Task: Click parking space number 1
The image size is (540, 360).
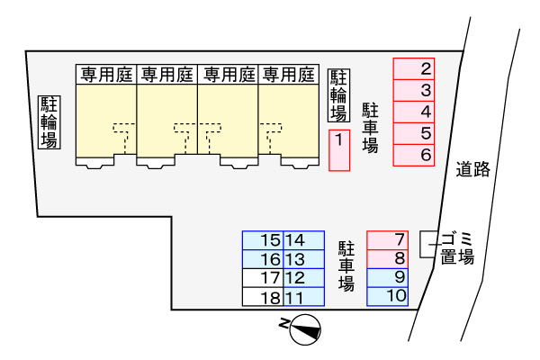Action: coord(338,149)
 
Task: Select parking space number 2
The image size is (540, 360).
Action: coord(414,68)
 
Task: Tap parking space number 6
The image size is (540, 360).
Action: coord(414,156)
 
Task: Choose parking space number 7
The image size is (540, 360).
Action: coord(388,239)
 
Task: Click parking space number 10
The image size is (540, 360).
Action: coord(388,295)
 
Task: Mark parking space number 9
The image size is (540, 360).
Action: coord(388,276)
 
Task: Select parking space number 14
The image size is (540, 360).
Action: coord(304,240)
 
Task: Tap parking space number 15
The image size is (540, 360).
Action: coord(263,240)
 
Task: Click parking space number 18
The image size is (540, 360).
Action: coord(263,296)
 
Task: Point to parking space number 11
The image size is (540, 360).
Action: coord(304,296)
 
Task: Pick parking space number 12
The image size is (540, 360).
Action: coord(304,277)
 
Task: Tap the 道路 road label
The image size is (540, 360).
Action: coord(472,168)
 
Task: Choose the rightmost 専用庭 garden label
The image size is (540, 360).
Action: coord(289,74)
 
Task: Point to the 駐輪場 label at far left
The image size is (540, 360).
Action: coord(48,121)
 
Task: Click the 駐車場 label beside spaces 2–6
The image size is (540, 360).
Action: coord(370,130)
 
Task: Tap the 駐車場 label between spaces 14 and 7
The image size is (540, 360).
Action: coord(346,265)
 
